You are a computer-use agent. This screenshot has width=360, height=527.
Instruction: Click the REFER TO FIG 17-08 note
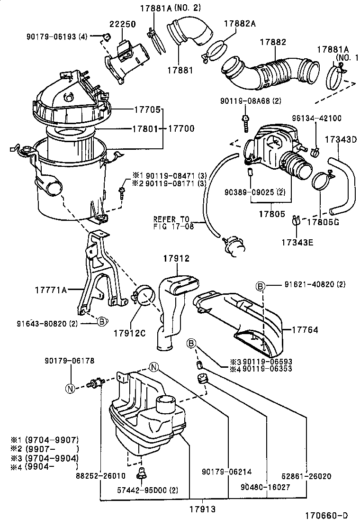coord(171,222)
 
